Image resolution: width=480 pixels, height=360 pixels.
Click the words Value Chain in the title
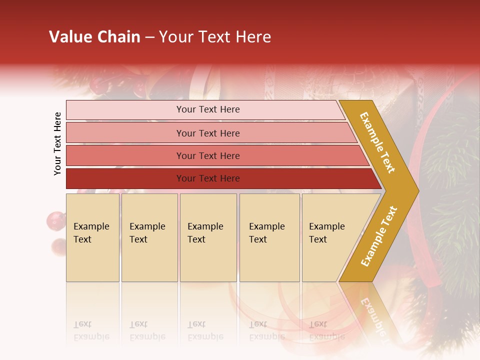tap(94, 37)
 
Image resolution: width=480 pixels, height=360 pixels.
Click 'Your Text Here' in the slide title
tap(215, 37)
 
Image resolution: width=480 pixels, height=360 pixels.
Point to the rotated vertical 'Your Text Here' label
tap(57, 143)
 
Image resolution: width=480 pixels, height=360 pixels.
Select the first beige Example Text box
tap(92, 237)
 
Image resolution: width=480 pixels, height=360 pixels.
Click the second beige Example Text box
tap(149, 237)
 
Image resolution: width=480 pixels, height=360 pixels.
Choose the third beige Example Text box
tap(208, 237)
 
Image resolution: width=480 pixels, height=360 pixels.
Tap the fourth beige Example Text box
tap(269, 237)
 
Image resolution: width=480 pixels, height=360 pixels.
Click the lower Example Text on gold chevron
tap(379, 236)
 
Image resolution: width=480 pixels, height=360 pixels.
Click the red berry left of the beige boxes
tap(55, 220)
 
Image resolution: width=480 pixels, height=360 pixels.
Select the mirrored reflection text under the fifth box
tap(326, 330)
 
